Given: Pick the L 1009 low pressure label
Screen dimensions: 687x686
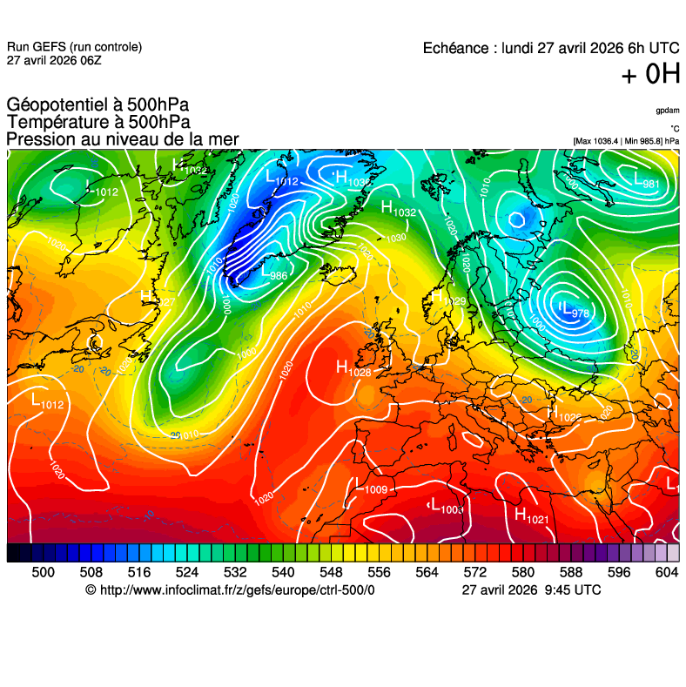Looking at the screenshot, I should click(369, 488).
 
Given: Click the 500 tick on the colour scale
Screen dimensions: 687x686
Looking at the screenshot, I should click(43, 571).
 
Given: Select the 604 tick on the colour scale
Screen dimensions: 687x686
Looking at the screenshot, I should click(666, 571).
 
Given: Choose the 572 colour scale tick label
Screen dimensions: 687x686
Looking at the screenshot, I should click(474, 571).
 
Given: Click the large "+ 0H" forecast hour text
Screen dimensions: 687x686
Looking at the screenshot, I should click(649, 76).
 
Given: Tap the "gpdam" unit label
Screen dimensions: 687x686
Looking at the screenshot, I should click(668, 111).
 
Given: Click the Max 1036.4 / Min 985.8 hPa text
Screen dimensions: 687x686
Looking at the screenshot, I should click(626, 140).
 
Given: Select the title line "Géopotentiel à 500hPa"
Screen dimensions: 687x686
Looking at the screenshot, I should click(97, 106).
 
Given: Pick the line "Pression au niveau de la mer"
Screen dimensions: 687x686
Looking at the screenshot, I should click(122, 139).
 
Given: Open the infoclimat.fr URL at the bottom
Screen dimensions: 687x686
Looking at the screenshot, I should click(230, 589).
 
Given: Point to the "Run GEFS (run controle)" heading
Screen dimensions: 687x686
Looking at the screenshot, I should click(74, 47).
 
